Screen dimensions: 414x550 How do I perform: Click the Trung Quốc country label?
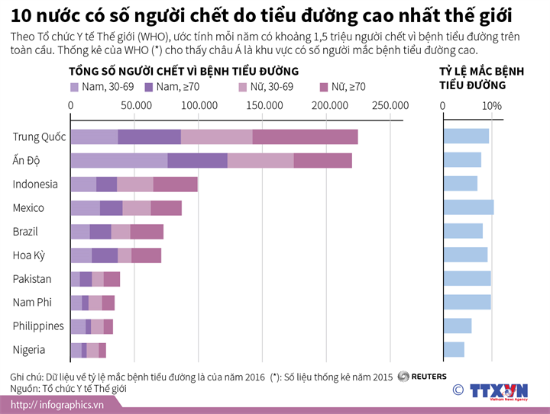point(39,136)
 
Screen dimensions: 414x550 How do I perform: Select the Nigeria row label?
point(29,350)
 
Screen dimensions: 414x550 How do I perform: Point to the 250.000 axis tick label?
point(390,105)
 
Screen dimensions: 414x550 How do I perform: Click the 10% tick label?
point(492,105)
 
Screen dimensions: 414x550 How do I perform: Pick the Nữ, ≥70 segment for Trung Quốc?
point(305,136)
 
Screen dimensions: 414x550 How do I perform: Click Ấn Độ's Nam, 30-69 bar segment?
point(118,160)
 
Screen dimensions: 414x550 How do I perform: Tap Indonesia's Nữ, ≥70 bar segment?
point(175,184)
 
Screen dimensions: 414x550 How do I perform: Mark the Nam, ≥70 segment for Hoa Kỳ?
point(105,255)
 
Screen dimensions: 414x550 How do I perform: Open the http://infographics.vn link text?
point(57,404)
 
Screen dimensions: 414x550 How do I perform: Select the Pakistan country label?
point(32,279)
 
